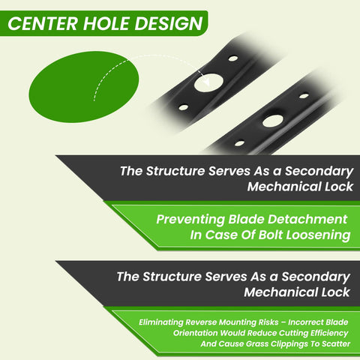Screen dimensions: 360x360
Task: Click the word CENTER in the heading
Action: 43,23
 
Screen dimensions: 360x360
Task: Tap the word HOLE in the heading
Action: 106,23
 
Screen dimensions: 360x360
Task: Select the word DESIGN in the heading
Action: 169,23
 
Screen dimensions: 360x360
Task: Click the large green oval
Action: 84,87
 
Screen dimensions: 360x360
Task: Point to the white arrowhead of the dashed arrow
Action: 206,82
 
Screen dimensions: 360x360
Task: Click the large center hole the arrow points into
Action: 208,82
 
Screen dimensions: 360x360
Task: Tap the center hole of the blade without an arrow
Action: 273,121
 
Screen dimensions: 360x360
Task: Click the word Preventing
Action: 190,220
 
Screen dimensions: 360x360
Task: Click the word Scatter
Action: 336,343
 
